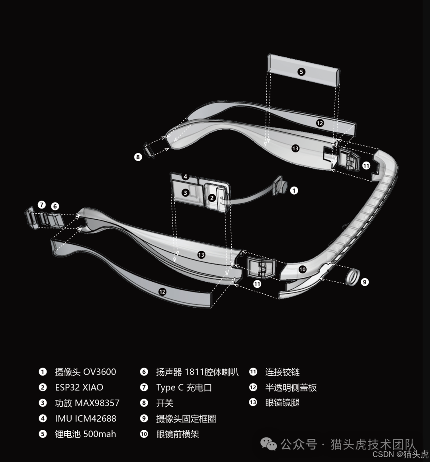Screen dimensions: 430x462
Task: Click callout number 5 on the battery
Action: point(301,72)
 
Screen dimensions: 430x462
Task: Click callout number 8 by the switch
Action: point(138,157)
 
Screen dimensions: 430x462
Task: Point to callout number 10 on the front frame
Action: point(302,269)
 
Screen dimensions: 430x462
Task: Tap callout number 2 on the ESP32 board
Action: point(211,198)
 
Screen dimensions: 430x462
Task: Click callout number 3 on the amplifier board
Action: point(185,193)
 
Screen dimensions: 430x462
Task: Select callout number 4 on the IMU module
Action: point(185,177)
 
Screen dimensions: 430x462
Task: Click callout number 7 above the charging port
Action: point(41,205)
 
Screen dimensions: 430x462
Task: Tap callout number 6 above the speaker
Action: point(55,206)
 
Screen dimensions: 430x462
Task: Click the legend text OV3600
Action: point(100,372)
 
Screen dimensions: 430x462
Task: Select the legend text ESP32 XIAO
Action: point(79,388)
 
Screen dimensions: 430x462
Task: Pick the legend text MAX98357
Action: point(97,403)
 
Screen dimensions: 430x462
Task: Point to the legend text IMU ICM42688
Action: point(86,418)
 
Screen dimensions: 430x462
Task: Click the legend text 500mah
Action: point(100,434)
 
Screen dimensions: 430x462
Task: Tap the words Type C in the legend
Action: point(170,388)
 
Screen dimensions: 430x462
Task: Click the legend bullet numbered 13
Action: point(253,402)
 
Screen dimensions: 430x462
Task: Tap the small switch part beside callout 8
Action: point(149,150)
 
